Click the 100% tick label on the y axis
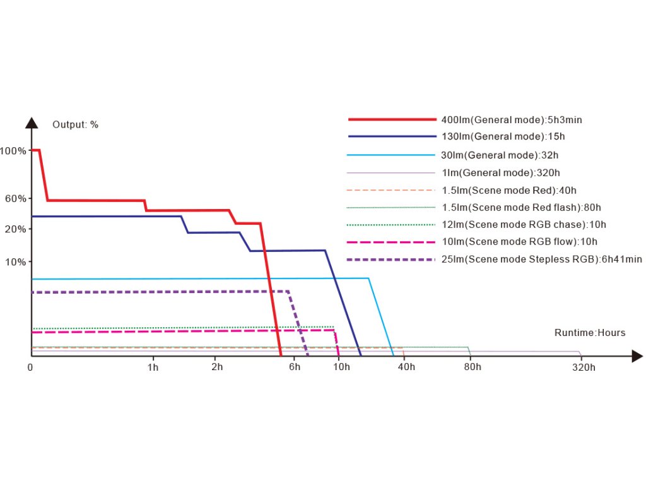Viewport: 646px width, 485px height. pos(13,151)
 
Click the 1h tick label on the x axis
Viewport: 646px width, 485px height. pos(153,368)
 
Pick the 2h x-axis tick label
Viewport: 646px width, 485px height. pos(218,368)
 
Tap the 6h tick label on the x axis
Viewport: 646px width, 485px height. pos(295,368)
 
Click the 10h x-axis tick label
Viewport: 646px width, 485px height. pos(341,368)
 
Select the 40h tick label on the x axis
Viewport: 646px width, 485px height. pos(406,368)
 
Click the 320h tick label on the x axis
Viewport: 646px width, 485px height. pos(584,368)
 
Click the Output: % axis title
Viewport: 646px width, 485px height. pos(75,124)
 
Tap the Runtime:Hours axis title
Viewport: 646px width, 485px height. pos(590,333)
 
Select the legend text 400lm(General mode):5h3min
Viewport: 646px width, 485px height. pos(515,119)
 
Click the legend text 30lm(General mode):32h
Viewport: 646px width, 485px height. pos(500,155)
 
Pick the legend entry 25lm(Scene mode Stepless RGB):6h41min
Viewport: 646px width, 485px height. pos(542,259)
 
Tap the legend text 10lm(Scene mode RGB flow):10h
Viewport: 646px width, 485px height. pos(519,241)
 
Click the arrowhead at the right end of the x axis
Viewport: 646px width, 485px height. pos(637,357)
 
